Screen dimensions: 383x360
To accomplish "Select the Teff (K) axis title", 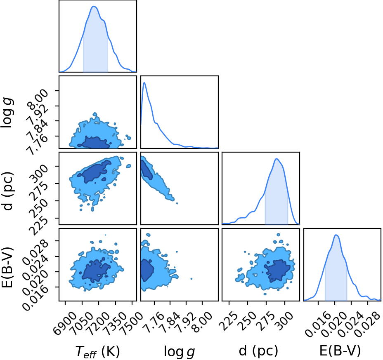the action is point(98,351).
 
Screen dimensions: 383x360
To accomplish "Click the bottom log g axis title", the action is point(179,352).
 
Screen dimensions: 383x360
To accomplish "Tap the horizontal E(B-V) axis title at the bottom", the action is point(340,351).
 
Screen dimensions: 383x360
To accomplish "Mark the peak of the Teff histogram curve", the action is point(94,6).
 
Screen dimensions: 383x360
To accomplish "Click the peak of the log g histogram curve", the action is point(144,82).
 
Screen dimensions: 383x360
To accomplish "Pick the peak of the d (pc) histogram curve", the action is point(277,159).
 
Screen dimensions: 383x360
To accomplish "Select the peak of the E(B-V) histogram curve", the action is point(336,235).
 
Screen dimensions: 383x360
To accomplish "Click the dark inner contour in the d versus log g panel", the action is point(147,169).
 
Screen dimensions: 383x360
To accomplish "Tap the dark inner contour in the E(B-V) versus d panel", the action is point(277,271).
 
